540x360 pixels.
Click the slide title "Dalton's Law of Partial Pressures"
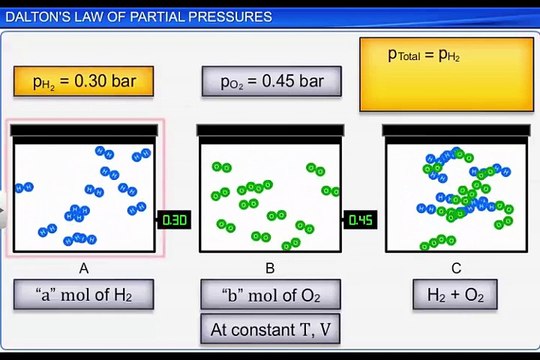coord(139,17)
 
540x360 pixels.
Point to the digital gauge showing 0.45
coord(361,220)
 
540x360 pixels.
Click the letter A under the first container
coord(84,268)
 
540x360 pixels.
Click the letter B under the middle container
coord(270,268)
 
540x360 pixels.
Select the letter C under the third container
coord(456,268)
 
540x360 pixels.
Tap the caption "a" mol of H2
coord(84,295)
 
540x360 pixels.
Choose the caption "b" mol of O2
coord(270,295)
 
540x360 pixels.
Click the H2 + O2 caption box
coord(456,295)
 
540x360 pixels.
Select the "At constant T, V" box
coord(270,328)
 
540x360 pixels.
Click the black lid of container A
coord(84,131)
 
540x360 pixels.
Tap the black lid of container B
coord(271,131)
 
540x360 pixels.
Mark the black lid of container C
coord(457,131)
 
